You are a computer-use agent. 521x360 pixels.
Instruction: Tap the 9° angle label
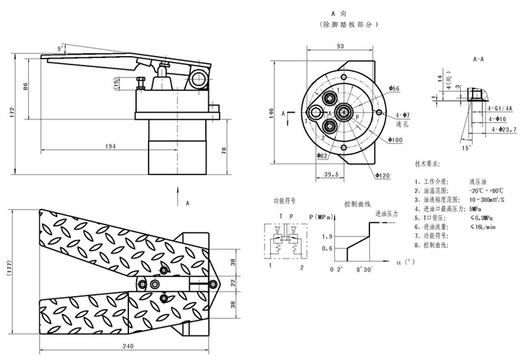61,49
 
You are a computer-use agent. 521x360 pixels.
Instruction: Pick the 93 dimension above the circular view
340,46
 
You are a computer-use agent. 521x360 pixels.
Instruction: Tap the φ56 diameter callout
394,88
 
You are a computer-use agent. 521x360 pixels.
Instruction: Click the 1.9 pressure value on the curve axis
327,236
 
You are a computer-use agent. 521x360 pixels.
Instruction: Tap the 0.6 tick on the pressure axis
327,248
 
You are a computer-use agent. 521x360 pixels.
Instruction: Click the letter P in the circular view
357,115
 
